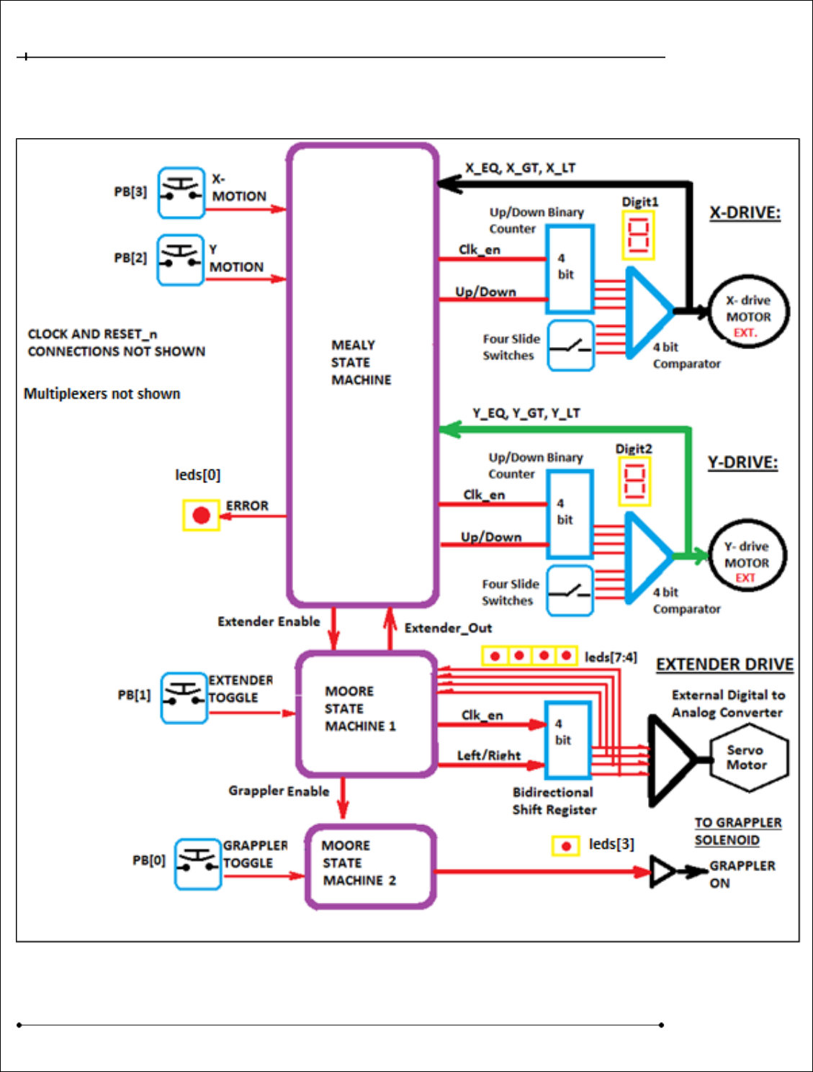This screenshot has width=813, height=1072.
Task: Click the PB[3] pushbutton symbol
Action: tap(181, 192)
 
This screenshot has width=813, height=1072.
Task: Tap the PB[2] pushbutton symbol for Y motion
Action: tap(180, 259)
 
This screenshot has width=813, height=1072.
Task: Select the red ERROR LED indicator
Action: tap(202, 515)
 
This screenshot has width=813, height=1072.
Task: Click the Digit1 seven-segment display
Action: tap(638, 235)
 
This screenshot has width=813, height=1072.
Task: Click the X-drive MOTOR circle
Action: tap(748, 312)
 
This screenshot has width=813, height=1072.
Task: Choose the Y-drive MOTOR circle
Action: tap(746, 556)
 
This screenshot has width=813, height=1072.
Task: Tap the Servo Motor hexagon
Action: tap(748, 758)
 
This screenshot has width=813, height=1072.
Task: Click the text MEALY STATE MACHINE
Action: tap(361, 363)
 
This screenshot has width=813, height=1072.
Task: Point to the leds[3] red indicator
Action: tap(566, 846)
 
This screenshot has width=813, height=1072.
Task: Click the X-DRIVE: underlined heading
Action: tap(745, 213)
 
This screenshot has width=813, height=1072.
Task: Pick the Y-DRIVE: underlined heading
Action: tap(742, 462)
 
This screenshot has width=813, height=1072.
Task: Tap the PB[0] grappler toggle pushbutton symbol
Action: tap(197, 863)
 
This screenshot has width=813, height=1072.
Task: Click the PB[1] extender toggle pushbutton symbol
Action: tap(184, 698)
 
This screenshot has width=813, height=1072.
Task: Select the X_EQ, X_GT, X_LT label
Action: tap(520, 168)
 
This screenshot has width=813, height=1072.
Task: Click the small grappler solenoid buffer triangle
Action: tap(662, 872)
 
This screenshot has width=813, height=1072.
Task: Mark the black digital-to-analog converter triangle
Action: tap(670, 760)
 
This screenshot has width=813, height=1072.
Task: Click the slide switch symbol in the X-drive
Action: tap(570, 346)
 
